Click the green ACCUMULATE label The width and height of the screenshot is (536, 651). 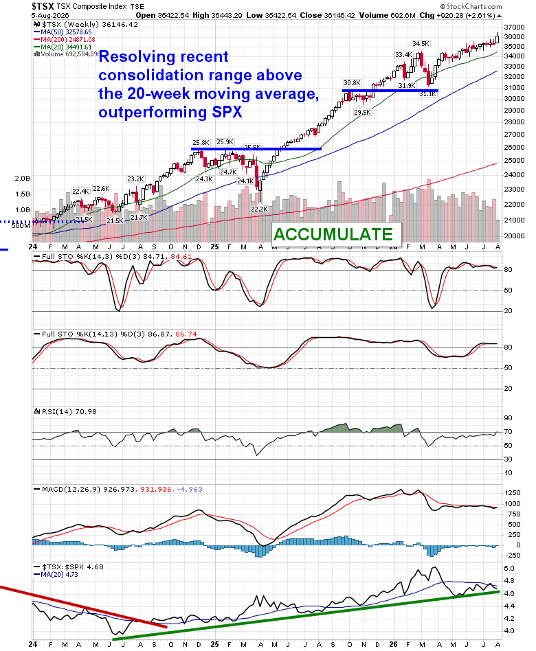(x=333, y=234)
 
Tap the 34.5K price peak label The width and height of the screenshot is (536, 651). (x=421, y=43)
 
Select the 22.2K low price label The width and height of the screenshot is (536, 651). (x=259, y=209)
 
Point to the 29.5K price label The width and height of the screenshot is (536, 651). (x=362, y=112)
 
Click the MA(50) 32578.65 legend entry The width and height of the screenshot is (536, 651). (x=66, y=32)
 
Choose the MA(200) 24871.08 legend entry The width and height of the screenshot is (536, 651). (x=67, y=39)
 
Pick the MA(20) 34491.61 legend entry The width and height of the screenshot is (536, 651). (x=66, y=47)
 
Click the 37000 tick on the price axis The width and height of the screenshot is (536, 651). (x=514, y=27)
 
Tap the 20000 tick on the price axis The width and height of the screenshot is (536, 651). (x=514, y=236)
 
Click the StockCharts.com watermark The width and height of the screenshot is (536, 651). (x=471, y=6)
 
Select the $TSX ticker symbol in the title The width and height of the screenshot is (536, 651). (x=43, y=6)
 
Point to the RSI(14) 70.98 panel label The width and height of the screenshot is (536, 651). (x=69, y=411)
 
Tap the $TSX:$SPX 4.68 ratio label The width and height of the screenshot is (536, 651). (x=72, y=567)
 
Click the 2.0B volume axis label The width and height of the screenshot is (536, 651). (x=23, y=178)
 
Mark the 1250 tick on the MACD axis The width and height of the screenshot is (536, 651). (x=513, y=493)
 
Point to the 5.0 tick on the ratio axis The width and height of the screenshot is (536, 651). (x=509, y=569)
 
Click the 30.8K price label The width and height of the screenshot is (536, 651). (x=352, y=82)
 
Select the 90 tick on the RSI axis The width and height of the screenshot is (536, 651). (x=508, y=418)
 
